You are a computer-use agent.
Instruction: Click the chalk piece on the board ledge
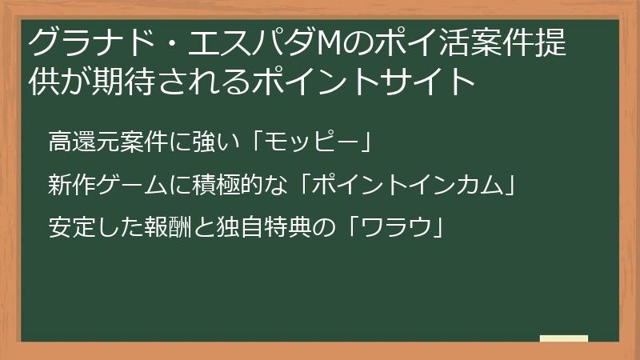pyautogui.click(x=563, y=338)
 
